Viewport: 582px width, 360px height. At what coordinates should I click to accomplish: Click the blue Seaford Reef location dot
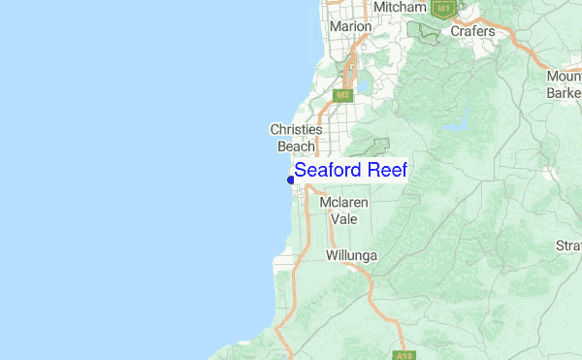[291, 180]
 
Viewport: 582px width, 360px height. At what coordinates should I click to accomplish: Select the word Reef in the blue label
[386, 171]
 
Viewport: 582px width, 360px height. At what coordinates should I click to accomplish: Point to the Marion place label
[350, 27]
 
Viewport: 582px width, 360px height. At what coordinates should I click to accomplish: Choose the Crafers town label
[472, 31]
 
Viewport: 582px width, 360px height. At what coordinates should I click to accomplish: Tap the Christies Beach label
[296, 138]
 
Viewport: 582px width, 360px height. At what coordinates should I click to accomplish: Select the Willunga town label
[351, 256]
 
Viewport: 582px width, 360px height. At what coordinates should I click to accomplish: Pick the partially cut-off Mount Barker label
[563, 84]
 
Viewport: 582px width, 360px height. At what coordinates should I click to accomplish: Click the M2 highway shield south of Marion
[341, 96]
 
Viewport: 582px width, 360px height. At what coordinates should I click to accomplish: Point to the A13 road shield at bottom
[404, 354]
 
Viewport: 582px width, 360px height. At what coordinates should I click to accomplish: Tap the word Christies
[296, 129]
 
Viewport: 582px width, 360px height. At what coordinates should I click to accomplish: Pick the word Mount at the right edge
[564, 77]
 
